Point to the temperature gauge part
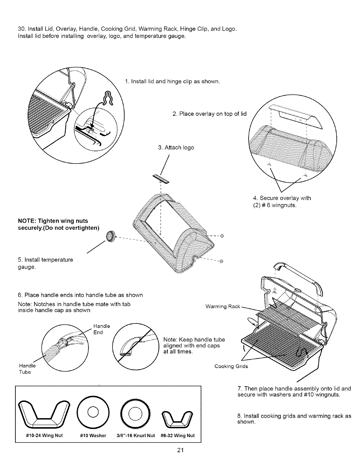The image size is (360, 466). click(x=111, y=237)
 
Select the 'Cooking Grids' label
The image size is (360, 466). click(x=231, y=366)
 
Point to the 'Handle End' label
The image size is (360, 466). click(x=101, y=329)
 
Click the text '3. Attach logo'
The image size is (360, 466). click(x=176, y=147)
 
